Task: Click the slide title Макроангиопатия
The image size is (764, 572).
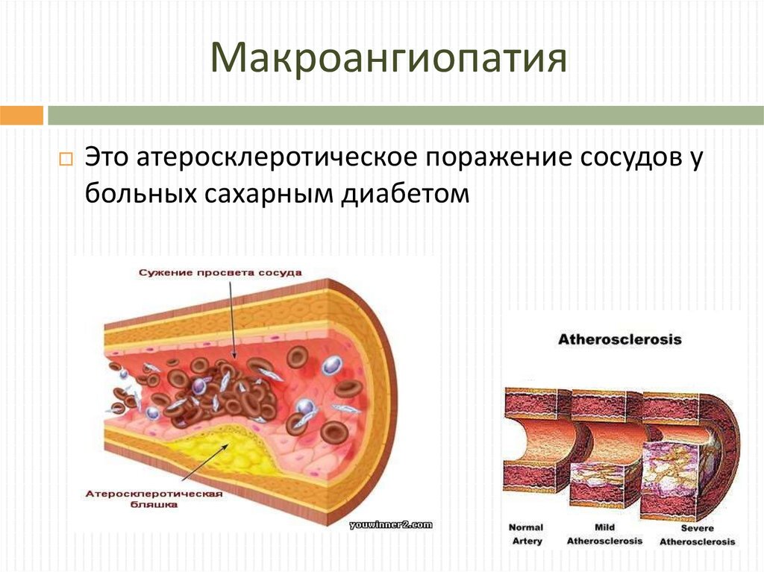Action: (x=389, y=59)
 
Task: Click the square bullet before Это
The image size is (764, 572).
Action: (x=65, y=160)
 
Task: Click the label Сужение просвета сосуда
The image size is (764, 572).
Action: (x=220, y=273)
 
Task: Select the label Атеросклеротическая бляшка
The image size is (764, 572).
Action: (x=155, y=499)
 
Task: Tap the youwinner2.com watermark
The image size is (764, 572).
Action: (x=390, y=525)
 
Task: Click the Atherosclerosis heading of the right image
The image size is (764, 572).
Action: (x=620, y=339)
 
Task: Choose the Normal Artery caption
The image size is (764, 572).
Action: (x=526, y=534)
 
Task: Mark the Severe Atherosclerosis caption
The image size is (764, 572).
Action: (x=696, y=534)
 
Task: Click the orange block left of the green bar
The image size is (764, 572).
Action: (x=21, y=116)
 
